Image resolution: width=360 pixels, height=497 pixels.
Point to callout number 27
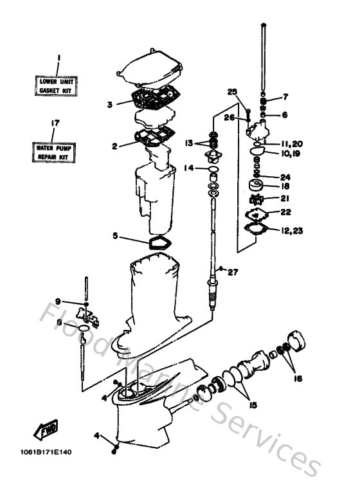tap(232, 272)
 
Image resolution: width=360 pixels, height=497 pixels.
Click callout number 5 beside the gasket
tap(115, 236)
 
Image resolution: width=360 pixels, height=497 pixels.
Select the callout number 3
tap(110, 104)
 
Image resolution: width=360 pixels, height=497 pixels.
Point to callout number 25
tap(232, 91)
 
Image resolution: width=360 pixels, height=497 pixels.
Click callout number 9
tap(57, 301)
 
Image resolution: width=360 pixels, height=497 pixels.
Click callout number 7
tap(285, 97)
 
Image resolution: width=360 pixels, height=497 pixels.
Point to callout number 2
tap(114, 146)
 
